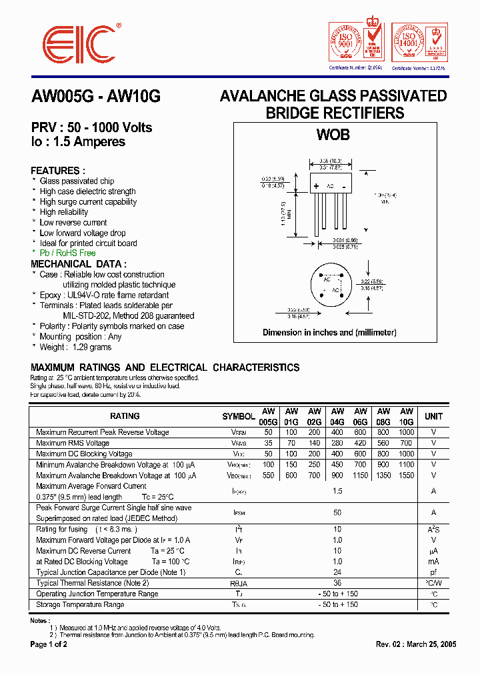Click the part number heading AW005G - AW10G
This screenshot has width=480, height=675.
point(96,96)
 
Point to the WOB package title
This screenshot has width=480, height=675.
point(333,135)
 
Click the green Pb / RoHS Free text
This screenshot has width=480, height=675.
point(67,253)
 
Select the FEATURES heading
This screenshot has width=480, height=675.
point(58,171)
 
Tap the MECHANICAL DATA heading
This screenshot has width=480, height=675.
point(79,264)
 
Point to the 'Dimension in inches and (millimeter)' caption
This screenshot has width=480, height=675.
point(329,332)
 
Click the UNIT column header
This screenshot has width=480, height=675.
point(433,416)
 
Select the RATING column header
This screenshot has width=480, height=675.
point(125,416)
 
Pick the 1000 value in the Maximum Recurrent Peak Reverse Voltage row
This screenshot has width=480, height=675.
point(406,432)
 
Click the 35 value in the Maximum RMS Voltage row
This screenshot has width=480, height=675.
point(268,443)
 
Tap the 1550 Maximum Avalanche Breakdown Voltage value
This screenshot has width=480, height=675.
point(406,476)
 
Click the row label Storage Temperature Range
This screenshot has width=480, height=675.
point(80,605)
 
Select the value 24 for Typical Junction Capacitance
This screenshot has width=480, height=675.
point(337,572)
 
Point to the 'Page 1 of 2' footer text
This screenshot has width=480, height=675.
point(49,645)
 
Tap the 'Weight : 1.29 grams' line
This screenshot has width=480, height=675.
point(76,347)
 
